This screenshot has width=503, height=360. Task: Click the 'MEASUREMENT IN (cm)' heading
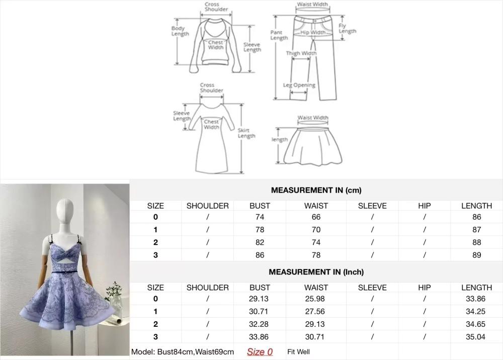click(316, 190)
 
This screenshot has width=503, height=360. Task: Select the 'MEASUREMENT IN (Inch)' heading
click(316, 272)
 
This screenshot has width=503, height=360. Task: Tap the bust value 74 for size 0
click(260, 217)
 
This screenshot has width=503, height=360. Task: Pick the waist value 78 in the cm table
click(316, 255)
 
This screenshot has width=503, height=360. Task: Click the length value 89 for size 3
click(477, 255)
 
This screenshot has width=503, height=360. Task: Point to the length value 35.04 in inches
click(476, 336)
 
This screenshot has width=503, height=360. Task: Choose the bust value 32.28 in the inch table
click(259, 324)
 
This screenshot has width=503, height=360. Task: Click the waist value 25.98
click(315, 299)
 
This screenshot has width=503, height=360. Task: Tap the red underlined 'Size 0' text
click(260, 351)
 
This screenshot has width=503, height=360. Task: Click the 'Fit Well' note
click(298, 351)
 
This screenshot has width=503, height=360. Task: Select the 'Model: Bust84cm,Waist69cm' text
click(183, 351)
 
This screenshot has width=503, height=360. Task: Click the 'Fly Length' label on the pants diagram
click(347, 28)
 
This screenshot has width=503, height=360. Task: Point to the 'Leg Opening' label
click(299, 85)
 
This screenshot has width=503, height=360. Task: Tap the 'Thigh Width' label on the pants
click(301, 53)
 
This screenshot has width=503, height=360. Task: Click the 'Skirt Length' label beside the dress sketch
click(246, 133)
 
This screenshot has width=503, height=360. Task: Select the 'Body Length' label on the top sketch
click(180, 31)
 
